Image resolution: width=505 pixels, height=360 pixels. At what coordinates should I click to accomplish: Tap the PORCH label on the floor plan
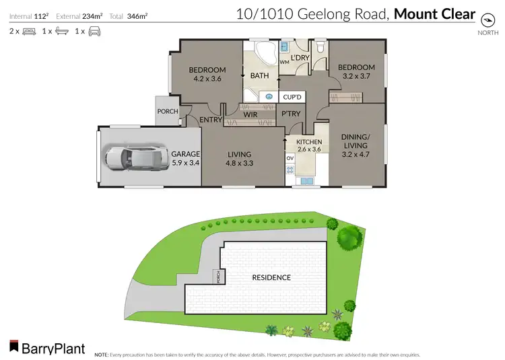167,112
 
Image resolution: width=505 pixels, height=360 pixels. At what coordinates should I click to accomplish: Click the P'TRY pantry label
291,114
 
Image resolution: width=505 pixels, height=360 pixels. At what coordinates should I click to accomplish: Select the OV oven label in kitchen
290,158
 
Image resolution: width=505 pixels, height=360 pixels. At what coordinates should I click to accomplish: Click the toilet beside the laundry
319,48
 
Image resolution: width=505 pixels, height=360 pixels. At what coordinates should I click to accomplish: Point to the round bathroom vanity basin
269,96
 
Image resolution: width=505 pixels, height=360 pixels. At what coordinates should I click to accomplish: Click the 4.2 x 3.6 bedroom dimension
207,79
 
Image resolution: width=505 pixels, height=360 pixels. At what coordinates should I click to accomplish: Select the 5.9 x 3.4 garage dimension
185,162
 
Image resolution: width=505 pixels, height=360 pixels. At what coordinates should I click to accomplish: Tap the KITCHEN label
310,142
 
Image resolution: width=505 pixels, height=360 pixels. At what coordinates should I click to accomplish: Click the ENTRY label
211,120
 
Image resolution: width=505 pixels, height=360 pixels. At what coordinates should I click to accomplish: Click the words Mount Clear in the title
434,14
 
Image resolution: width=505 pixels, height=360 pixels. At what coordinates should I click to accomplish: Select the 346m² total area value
137,14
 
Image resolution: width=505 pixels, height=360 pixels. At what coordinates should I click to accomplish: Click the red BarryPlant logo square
13,348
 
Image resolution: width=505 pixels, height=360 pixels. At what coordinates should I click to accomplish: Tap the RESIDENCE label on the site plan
271,277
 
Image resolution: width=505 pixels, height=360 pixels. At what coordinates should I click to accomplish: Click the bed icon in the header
29,31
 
